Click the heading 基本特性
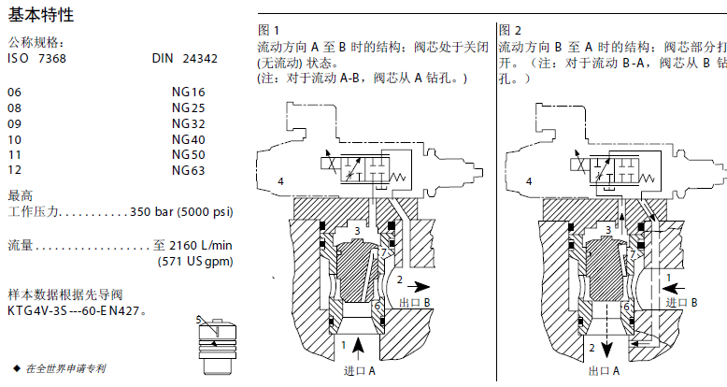click(42, 16)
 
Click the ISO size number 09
click(14, 123)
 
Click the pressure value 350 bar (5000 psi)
click(181, 211)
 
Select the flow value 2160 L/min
click(200, 245)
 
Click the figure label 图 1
click(268, 30)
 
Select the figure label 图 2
click(511, 30)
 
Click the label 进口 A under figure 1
click(360, 371)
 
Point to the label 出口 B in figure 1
click(414, 302)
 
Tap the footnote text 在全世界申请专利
click(66, 368)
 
